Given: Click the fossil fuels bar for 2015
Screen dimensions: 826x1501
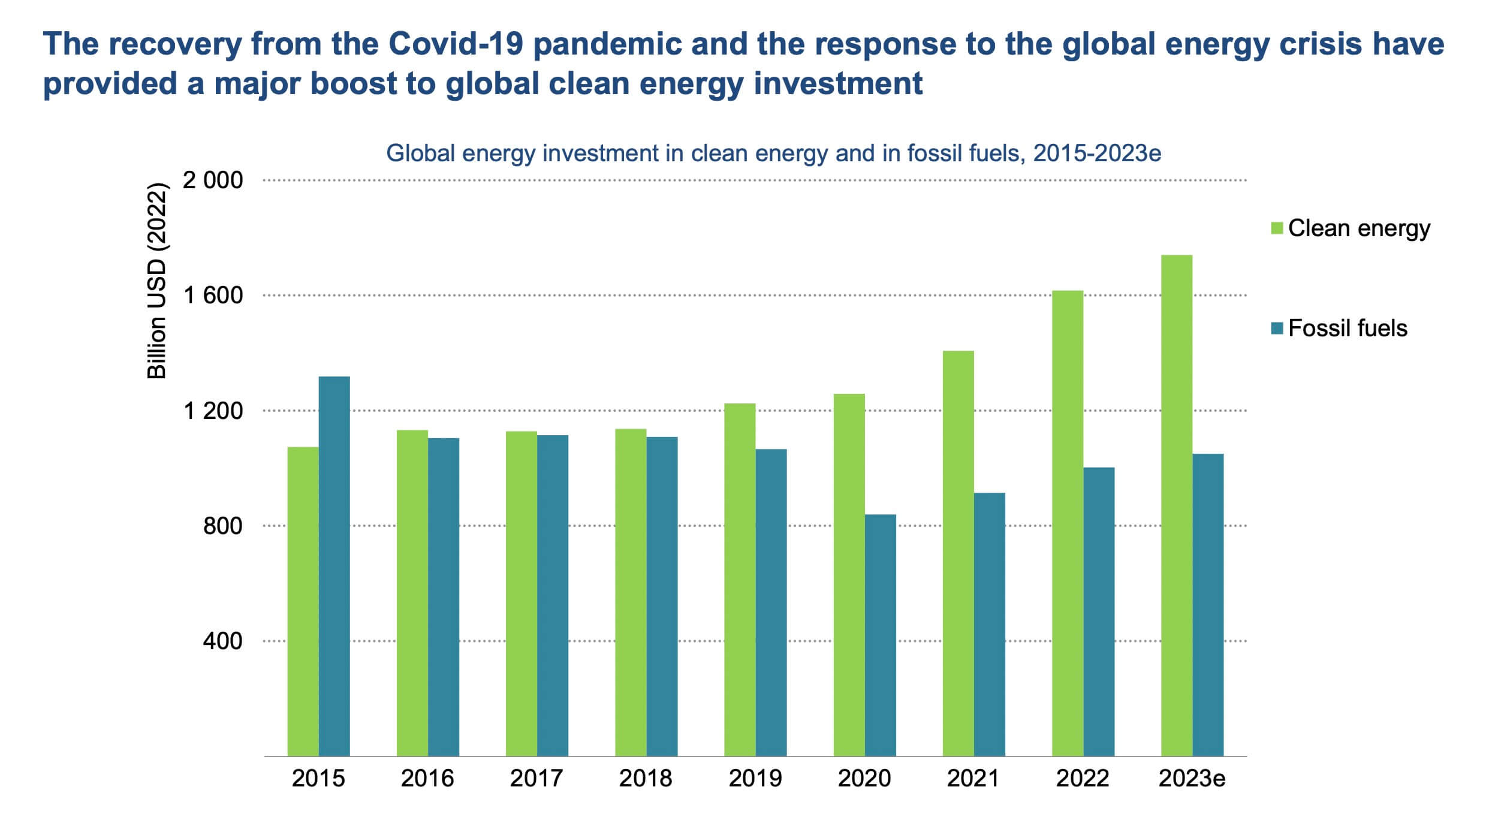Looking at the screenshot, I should coord(334,566).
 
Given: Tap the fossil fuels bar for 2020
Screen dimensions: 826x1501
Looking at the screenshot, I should coord(880,635).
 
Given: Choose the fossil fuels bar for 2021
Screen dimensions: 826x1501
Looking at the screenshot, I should coord(989,624).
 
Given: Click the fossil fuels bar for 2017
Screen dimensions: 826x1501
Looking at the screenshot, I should coord(552,595).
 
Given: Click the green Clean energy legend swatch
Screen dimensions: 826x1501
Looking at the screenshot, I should coord(1277,228).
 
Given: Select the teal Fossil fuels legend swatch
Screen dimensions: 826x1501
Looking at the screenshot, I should coord(1277,328).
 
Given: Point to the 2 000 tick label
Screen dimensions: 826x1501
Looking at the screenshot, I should coord(213,180).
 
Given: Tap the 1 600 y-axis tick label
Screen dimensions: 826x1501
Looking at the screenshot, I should coord(213,296).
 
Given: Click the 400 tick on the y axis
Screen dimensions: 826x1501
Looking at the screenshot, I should coord(222,641).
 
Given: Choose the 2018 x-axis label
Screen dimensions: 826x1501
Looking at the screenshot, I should coord(646,779).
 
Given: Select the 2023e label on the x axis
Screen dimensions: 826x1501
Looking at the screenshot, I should coord(1192,779).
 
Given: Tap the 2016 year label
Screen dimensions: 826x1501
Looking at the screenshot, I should coord(427,779).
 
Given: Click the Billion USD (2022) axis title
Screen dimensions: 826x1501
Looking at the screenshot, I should coord(157,281).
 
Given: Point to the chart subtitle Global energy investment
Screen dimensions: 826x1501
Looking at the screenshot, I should coord(773,153).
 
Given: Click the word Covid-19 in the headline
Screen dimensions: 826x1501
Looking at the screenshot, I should coord(456,44).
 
